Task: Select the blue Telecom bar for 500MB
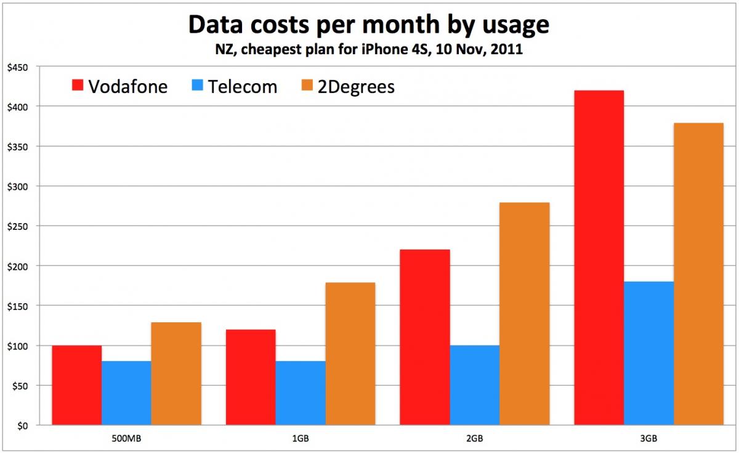[x=126, y=393]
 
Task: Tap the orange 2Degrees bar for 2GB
[x=525, y=314]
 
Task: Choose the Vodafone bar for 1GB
[x=251, y=377]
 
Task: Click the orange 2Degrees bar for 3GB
[x=698, y=274]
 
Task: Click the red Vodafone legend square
[x=78, y=86]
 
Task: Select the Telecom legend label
[x=242, y=86]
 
